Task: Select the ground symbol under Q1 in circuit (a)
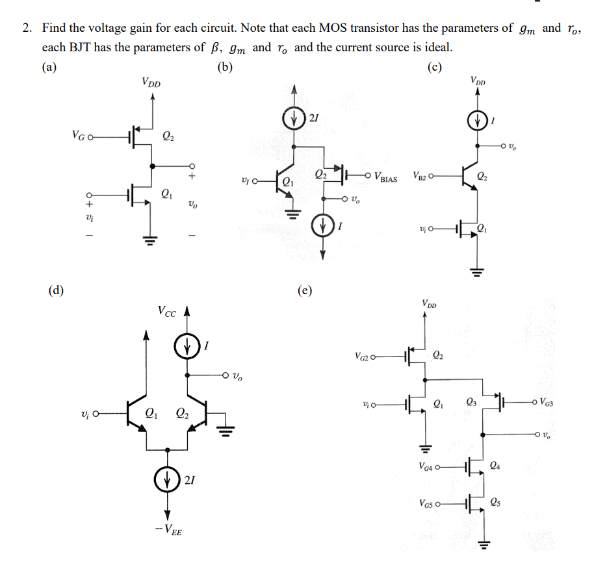[152, 242]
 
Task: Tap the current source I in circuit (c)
[478, 121]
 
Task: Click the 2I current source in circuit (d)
[168, 481]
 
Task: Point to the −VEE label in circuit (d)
[169, 531]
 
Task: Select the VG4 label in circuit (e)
[429, 466]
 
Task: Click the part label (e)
[303, 290]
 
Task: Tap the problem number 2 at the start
[26, 29]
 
